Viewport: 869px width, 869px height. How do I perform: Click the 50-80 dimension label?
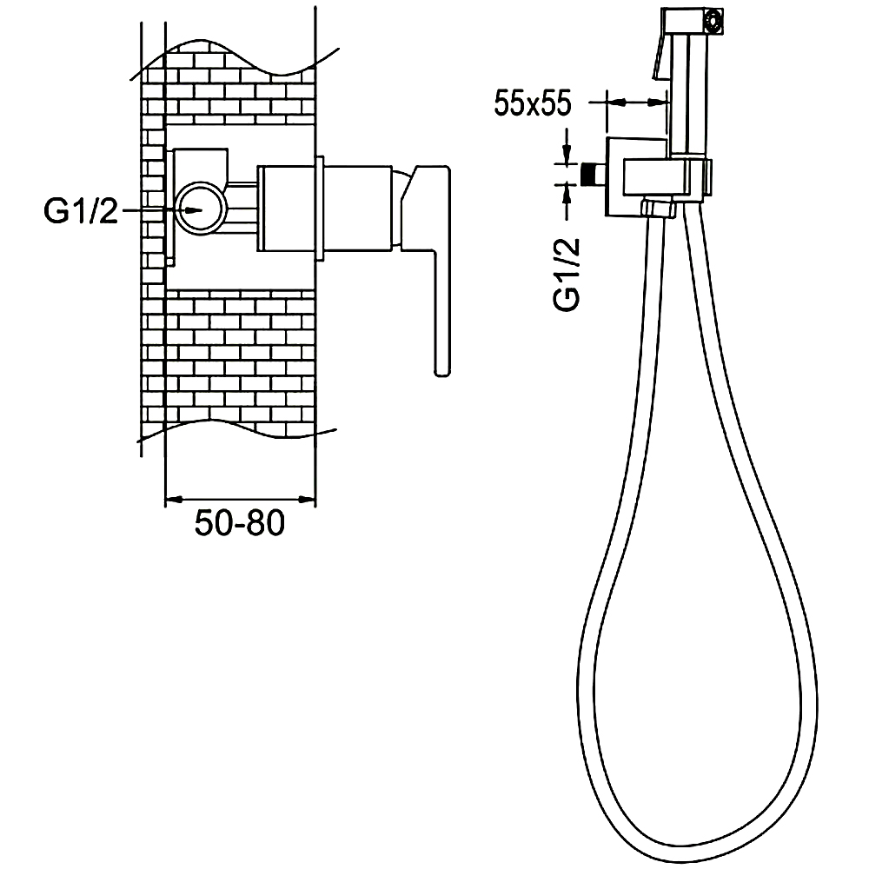pos(240,522)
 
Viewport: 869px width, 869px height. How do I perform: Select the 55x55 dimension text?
pos(533,103)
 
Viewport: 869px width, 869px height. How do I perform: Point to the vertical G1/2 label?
pos(567,274)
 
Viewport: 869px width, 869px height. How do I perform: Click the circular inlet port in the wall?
pos(201,209)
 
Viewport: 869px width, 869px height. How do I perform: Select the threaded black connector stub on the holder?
pos(594,174)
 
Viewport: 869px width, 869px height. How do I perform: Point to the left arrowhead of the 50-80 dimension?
pos(174,500)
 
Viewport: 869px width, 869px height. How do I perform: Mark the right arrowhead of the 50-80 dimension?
pos(307,500)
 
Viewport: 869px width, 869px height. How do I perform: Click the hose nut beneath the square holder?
pos(659,209)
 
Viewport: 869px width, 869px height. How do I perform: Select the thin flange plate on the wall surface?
pos(319,208)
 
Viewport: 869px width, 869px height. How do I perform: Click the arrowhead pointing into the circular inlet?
pos(194,210)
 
